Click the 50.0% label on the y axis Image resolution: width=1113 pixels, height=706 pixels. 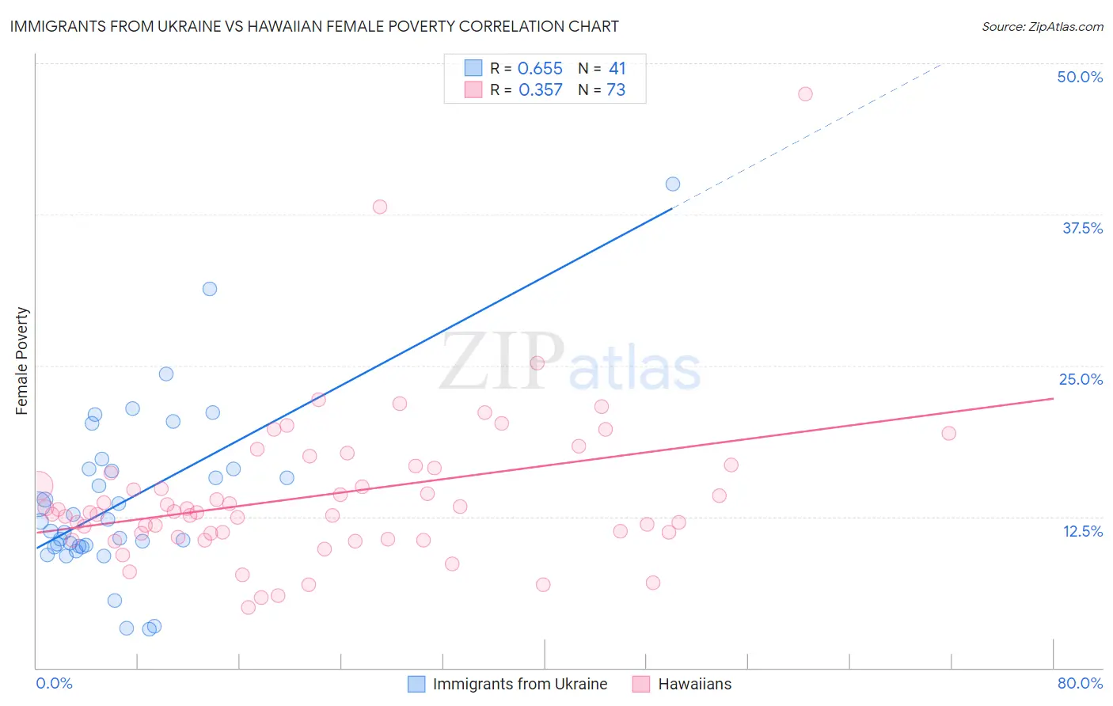tap(1080, 77)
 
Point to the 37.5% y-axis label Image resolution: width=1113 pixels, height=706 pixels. tap(1082, 228)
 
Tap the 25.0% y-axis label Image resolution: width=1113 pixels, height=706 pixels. tap(1081, 379)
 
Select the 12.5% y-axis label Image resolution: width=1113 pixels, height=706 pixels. tap(1082, 531)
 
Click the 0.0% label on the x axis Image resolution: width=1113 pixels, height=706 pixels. tap(54, 683)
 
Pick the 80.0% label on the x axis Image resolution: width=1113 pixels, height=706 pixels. tap(1080, 683)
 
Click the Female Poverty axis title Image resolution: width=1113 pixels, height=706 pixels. tap(21, 361)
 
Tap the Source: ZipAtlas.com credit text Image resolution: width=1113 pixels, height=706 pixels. tap(1042, 26)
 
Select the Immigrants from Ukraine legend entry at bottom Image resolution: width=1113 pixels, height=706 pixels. tap(519, 684)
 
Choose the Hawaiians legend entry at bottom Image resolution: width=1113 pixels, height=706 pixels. tap(694, 684)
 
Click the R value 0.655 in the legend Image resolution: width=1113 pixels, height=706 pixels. tap(540, 69)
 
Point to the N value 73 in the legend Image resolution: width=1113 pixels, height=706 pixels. tap(616, 90)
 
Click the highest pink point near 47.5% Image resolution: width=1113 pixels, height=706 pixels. tap(805, 94)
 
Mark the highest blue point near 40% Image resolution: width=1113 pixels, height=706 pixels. tap(673, 184)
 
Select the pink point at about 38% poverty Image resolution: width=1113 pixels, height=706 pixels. tap(380, 207)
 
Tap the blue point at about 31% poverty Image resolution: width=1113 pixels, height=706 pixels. tap(210, 289)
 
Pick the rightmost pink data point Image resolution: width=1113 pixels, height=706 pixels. tap(948, 433)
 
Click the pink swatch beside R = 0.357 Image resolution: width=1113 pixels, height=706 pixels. tap(473, 89)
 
